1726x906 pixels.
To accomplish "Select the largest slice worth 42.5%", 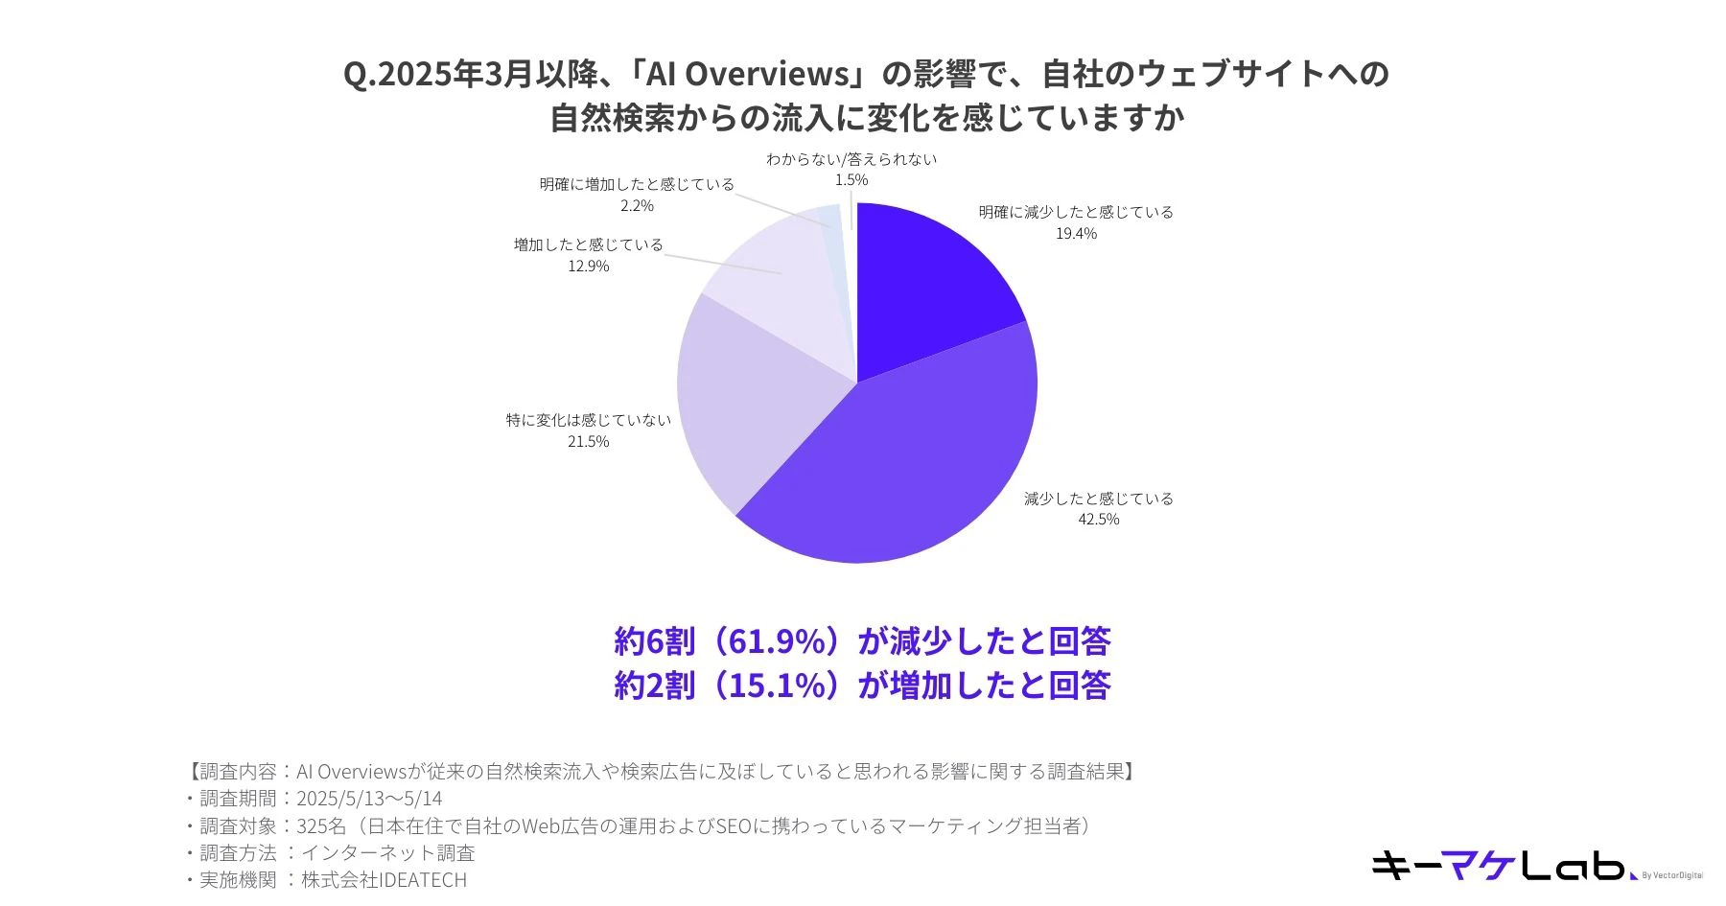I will click(911, 460).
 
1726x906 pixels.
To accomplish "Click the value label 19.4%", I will click(1076, 234).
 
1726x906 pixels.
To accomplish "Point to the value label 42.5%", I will click(1098, 520).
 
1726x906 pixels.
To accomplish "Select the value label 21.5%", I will click(588, 442).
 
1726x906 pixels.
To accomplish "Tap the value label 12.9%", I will click(588, 267).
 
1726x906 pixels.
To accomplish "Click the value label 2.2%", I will click(637, 206).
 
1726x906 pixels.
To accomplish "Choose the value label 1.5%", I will click(851, 180).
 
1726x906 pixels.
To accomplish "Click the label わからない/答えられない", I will click(851, 159).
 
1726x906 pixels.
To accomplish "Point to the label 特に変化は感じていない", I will click(588, 420).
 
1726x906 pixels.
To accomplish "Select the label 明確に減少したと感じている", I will click(1076, 212).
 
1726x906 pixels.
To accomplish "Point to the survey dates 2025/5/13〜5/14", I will click(369, 799).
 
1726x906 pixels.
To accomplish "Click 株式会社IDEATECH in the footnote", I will click(384, 879).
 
